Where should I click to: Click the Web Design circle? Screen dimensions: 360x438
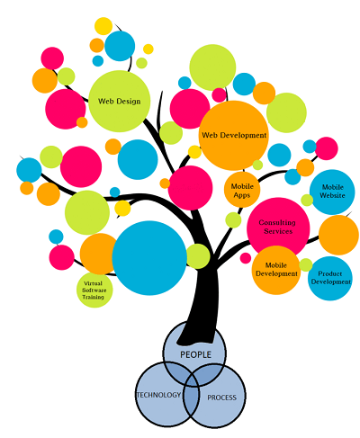pyautogui.click(x=120, y=101)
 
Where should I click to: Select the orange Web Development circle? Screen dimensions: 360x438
pyautogui.click(x=234, y=136)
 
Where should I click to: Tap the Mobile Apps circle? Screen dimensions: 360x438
pyautogui.click(x=242, y=190)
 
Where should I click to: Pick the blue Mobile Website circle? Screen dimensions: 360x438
pyautogui.click(x=332, y=192)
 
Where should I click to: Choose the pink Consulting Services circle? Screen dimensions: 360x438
pyautogui.click(x=278, y=228)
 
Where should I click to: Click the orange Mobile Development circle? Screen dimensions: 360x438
pyautogui.click(x=276, y=270)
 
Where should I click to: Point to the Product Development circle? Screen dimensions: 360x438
pyautogui.click(x=330, y=278)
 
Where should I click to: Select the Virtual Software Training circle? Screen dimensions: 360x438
pyautogui.click(x=94, y=290)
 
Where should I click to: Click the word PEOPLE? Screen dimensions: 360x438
pyautogui.click(x=195, y=354)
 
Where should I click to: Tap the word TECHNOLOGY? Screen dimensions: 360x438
pyautogui.click(x=158, y=395)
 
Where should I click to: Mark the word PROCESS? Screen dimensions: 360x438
pyautogui.click(x=222, y=398)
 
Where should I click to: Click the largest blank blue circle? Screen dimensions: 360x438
pyautogui.click(x=149, y=258)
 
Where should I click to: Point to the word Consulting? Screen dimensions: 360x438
pyautogui.click(x=277, y=222)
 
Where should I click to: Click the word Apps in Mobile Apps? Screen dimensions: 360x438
pyautogui.click(x=242, y=195)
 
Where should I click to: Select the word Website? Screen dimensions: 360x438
pyautogui.click(x=332, y=195)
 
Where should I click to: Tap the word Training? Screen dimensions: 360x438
pyautogui.click(x=93, y=297)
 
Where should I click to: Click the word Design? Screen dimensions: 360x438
pyautogui.click(x=129, y=102)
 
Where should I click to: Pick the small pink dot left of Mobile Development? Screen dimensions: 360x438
pyautogui.click(x=246, y=258)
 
